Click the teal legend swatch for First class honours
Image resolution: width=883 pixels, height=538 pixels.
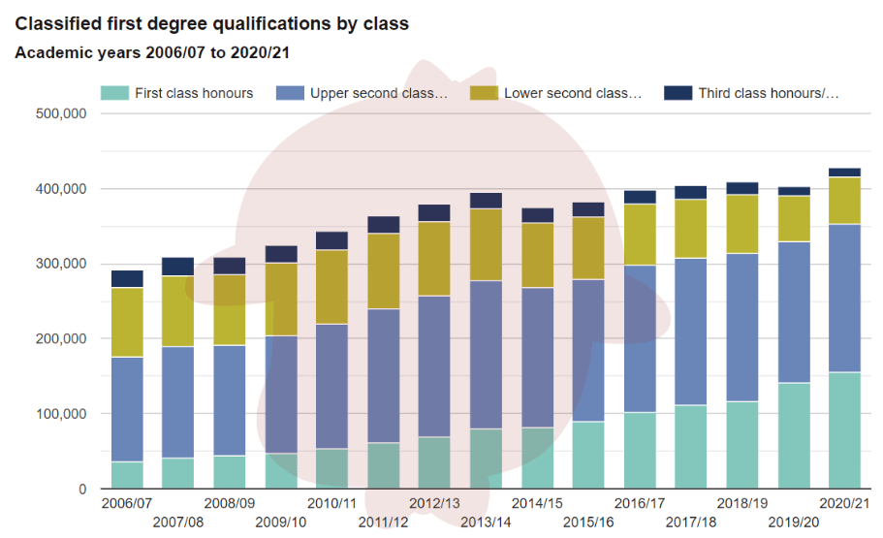point(114,93)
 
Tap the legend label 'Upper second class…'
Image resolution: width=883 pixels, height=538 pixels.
point(379,93)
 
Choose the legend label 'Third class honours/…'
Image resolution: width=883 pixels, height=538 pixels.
point(768,93)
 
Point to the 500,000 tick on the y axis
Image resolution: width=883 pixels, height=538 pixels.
point(61,113)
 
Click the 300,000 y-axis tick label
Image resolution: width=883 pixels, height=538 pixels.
point(61,264)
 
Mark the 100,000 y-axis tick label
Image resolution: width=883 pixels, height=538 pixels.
point(61,414)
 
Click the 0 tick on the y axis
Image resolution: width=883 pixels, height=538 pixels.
point(81,490)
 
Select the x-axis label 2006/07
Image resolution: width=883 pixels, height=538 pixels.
point(126,504)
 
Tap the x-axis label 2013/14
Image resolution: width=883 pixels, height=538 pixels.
point(486,522)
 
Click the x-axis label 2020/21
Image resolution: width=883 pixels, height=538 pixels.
point(845,504)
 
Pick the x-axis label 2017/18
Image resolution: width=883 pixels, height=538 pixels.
point(691,522)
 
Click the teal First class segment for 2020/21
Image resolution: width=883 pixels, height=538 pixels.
point(845,430)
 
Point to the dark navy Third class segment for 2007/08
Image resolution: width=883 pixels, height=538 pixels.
point(178,267)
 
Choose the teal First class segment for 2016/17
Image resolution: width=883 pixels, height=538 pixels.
point(640,451)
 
